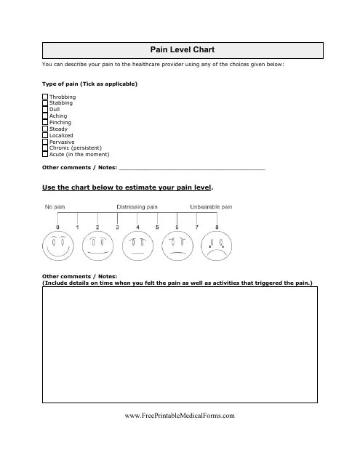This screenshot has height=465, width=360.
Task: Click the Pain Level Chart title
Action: pyautogui.click(x=182, y=49)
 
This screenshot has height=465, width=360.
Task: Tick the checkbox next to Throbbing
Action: pyautogui.click(x=45, y=96)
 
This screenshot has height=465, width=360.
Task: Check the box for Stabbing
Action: pyautogui.click(x=45, y=102)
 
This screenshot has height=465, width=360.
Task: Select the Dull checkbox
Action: pyautogui.click(x=45, y=109)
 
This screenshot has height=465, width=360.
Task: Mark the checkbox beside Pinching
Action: pyautogui.click(x=45, y=122)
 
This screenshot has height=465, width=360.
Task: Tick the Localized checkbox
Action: pyautogui.click(x=45, y=135)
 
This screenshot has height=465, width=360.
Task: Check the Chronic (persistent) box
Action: pyautogui.click(x=45, y=148)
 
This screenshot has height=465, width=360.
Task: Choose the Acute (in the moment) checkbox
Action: pyautogui.click(x=45, y=155)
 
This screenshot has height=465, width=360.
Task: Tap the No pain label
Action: pyautogui.click(x=56, y=207)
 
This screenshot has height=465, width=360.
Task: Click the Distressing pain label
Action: pyautogui.click(x=137, y=207)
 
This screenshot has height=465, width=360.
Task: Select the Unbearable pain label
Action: pyautogui.click(x=211, y=207)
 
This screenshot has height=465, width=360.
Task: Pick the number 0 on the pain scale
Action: pyautogui.click(x=57, y=227)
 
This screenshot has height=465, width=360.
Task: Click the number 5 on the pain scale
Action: pyautogui.click(x=157, y=227)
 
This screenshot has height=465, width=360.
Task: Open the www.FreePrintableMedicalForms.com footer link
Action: pyautogui.click(x=180, y=416)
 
